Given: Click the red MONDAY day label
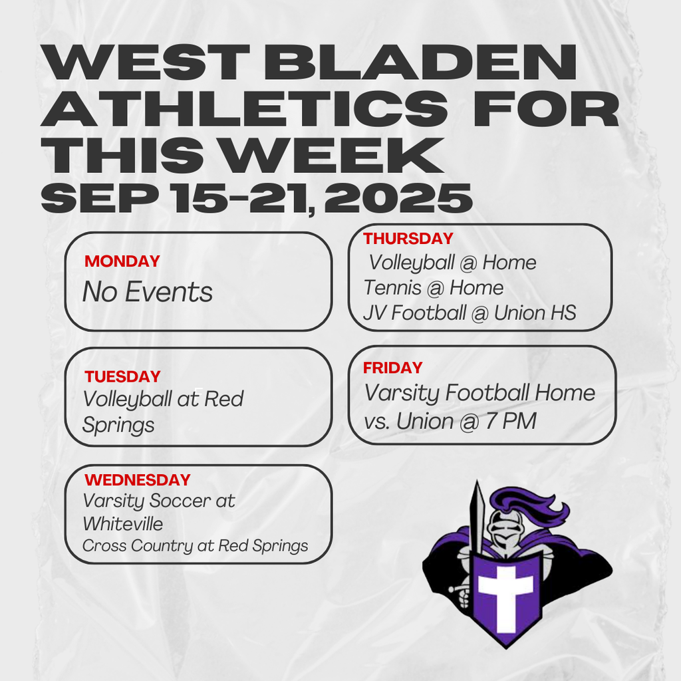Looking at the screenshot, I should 122,261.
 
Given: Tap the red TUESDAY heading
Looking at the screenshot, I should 122,377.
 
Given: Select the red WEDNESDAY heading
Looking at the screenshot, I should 138,480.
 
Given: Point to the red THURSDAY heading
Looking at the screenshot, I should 408,239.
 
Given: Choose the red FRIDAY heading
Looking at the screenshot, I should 392,368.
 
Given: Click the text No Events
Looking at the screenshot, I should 148,292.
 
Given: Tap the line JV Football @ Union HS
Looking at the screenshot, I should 470,313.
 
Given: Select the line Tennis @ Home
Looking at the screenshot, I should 433,288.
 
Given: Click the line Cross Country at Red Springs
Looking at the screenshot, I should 195,546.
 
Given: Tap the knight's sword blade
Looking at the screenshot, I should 476,519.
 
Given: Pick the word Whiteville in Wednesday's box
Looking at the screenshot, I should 122,524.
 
